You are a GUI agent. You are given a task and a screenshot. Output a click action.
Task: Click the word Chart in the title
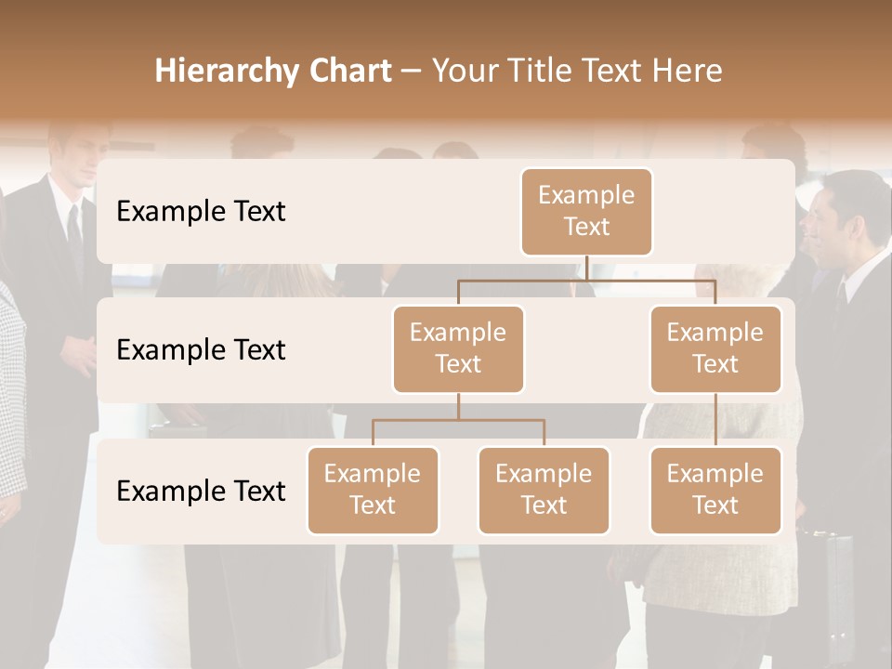(349, 72)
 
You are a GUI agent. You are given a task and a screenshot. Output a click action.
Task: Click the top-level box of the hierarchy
(586, 212)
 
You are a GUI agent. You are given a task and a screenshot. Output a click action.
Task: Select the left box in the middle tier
(458, 349)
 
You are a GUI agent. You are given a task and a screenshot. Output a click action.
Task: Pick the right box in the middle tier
(715, 349)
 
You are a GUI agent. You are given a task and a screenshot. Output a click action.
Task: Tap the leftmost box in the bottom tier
(373, 491)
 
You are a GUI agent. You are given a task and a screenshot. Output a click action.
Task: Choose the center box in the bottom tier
(544, 491)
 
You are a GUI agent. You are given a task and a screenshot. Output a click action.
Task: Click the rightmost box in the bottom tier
(715, 491)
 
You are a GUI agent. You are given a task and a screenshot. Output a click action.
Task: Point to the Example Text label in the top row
(201, 212)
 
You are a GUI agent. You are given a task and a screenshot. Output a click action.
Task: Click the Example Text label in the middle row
(201, 350)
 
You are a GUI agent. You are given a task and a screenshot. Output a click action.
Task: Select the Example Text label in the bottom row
(201, 492)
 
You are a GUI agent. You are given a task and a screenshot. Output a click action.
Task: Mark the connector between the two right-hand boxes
(715, 420)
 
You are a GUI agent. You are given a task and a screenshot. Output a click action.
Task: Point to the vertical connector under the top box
(587, 268)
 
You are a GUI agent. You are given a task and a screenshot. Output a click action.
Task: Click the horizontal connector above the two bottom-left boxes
(458, 420)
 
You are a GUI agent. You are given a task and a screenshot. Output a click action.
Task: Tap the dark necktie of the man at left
(73, 232)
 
